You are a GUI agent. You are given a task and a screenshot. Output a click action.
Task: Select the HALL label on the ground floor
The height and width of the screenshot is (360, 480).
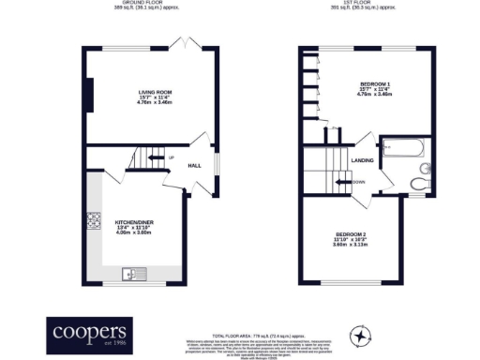(194, 165)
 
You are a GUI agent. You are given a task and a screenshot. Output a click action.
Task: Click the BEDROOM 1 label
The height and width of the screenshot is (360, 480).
(371, 85)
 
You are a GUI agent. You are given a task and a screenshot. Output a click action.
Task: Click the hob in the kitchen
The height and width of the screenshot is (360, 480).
(94, 222)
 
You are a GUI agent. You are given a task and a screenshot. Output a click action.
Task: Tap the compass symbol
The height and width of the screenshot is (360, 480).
(359, 335)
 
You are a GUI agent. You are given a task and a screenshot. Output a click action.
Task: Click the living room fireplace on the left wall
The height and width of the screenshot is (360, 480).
(88, 95)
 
